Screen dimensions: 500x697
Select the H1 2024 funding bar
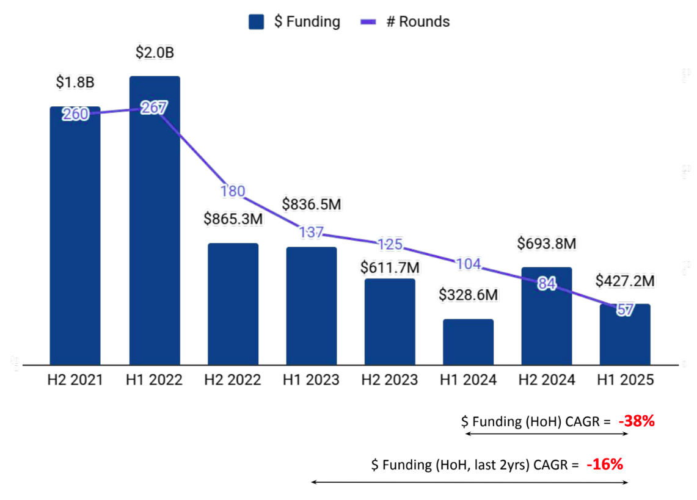[468, 342]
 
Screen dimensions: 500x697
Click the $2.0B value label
[155, 53]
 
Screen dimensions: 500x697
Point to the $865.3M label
[233, 219]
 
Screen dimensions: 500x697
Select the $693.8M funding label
[546, 243]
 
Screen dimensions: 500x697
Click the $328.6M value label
[468, 295]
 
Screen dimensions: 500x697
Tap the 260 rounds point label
[76, 114]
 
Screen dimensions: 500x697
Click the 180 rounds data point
[233, 191]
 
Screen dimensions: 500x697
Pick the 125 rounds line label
[390, 244]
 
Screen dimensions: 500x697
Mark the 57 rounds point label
[624, 310]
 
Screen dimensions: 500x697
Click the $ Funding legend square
[256, 22]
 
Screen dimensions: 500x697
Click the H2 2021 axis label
[76, 380]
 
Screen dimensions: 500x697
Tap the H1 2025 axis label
[624, 380]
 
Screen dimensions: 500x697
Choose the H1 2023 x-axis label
[311, 380]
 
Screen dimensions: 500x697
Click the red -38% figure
[637, 421]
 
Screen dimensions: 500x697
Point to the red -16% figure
[604, 464]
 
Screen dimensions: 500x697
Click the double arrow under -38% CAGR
[546, 434]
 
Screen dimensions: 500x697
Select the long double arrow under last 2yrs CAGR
[469, 482]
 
